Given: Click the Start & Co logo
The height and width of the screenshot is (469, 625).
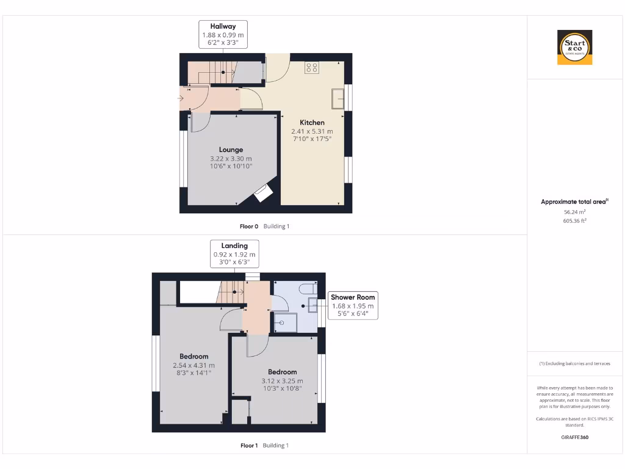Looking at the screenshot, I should point(575,48).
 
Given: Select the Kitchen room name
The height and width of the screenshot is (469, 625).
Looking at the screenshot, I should point(312,123).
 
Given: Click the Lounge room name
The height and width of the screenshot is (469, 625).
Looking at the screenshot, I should point(231,150).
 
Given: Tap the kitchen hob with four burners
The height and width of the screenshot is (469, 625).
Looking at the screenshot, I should point(312,67).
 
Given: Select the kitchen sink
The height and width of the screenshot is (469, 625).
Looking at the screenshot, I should point(338,98).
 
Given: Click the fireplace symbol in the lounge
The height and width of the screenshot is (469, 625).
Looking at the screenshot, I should point(262,193).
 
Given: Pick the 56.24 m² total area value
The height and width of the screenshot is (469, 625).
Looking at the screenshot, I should point(574,212).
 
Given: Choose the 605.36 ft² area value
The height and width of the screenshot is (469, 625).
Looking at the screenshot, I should point(574,221).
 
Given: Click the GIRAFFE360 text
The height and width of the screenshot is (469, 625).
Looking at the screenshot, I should point(574,437).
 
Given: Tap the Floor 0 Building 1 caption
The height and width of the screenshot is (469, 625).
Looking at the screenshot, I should point(264,227).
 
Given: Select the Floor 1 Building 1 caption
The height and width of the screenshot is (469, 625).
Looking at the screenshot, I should point(264,446).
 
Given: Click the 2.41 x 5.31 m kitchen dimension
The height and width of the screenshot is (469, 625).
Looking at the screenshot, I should point(312,131).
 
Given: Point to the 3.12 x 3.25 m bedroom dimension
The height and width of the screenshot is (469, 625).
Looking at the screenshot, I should point(282,381).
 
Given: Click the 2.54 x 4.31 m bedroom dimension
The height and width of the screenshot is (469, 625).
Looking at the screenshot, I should point(193,365).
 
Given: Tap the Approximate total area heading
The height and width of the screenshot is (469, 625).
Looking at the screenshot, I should point(574,202).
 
